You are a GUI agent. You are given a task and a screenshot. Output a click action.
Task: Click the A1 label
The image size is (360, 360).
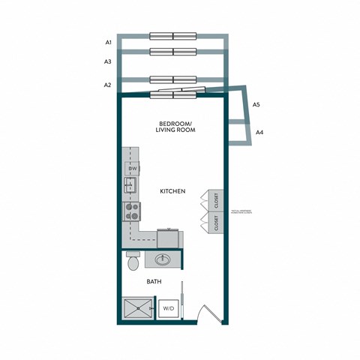tap(109, 43)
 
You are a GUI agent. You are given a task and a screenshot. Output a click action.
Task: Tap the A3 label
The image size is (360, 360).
tap(109, 61)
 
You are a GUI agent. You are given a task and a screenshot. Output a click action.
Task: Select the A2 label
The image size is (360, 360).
tap(109, 85)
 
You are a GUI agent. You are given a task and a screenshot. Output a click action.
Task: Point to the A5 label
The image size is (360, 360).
tap(256, 104)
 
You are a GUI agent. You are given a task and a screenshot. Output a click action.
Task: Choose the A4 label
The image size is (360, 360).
tap(259, 132)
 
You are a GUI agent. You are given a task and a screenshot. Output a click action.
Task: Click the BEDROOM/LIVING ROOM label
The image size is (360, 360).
tap(175, 127)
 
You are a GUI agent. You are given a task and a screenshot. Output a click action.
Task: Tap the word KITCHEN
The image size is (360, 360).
tap(172, 192)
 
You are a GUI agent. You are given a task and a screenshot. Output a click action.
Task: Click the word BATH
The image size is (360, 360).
tap(154, 283)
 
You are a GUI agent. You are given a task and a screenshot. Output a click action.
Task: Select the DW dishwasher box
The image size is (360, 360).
tap(132, 169)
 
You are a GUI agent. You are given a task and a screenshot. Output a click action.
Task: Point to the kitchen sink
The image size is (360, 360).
tap(130, 185)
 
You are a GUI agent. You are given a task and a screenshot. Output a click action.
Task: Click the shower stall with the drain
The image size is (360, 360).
tap(138, 307)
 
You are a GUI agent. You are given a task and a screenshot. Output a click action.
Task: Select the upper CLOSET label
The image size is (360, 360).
tap(215, 200)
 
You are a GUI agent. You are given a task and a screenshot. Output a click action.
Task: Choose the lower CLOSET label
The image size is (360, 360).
tap(215, 223)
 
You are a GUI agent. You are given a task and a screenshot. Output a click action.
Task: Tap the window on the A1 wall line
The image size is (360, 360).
tap(172, 35)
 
